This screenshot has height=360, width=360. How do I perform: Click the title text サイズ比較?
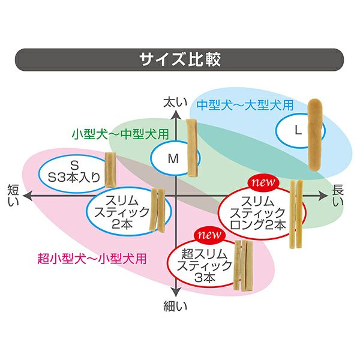click(179, 60)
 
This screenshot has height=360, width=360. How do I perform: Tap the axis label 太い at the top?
click(173, 103)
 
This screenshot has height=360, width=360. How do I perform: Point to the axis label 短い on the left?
click(14, 196)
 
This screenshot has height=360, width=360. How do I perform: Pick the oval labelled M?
click(173, 159)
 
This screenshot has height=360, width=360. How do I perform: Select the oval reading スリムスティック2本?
click(119, 211)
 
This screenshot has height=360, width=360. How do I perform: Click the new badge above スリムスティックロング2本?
click(262, 182)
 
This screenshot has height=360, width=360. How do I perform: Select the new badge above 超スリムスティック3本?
click(208, 235)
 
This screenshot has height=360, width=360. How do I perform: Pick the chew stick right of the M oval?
click(193, 147)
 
